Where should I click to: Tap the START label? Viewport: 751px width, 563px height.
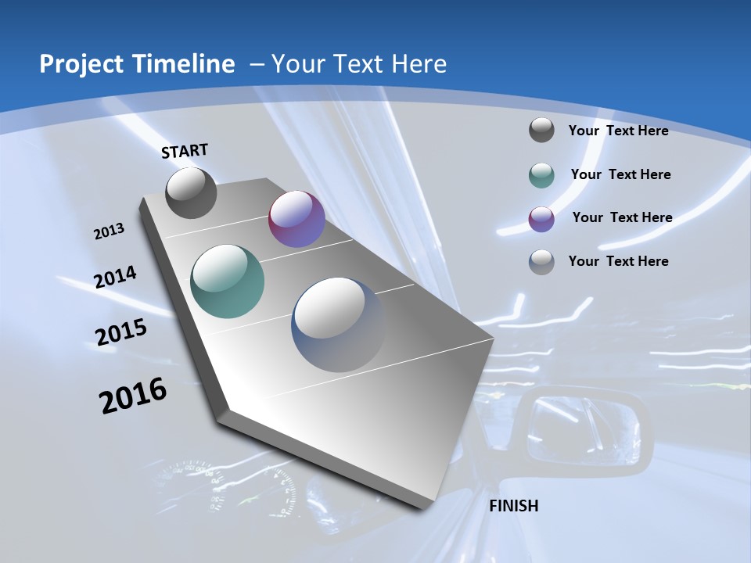coord(185,151)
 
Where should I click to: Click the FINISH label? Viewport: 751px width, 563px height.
coord(513,506)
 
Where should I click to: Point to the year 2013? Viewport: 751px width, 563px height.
coord(110,231)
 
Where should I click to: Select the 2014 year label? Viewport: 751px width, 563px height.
coord(116,277)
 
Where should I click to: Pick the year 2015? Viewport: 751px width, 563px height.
coord(121,332)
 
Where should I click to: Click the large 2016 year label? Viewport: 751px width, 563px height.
coord(133,396)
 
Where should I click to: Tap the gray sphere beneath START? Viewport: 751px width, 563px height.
coord(191,192)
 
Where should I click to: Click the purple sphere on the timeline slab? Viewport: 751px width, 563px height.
coord(296,219)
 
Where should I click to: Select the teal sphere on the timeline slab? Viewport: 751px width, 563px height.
coord(227,281)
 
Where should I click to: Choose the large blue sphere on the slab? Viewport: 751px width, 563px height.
coord(339,325)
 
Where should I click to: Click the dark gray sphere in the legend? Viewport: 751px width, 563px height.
coord(541,130)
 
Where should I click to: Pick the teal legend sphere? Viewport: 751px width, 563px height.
coord(541,175)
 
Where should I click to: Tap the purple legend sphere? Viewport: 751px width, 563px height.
coord(541,218)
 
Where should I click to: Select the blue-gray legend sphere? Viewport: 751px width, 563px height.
coord(541,262)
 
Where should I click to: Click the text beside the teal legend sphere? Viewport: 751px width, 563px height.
coord(620,174)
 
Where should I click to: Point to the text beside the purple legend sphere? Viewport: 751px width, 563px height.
coord(622,217)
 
